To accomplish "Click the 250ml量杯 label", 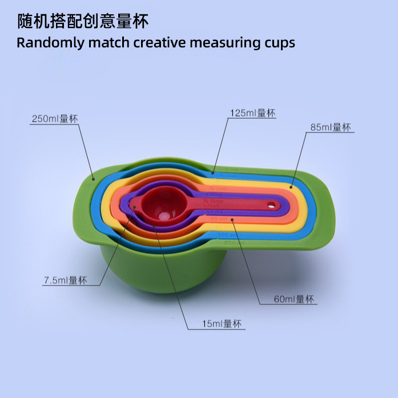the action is (54, 119).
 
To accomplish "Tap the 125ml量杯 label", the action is (252, 113).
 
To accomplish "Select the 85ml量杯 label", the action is (331, 127).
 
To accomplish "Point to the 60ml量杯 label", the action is (294, 299).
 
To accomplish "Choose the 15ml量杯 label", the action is (222, 324).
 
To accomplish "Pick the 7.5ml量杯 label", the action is (65, 280).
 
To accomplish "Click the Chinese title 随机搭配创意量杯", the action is (83, 22).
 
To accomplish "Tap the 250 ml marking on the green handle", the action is (231, 243).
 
